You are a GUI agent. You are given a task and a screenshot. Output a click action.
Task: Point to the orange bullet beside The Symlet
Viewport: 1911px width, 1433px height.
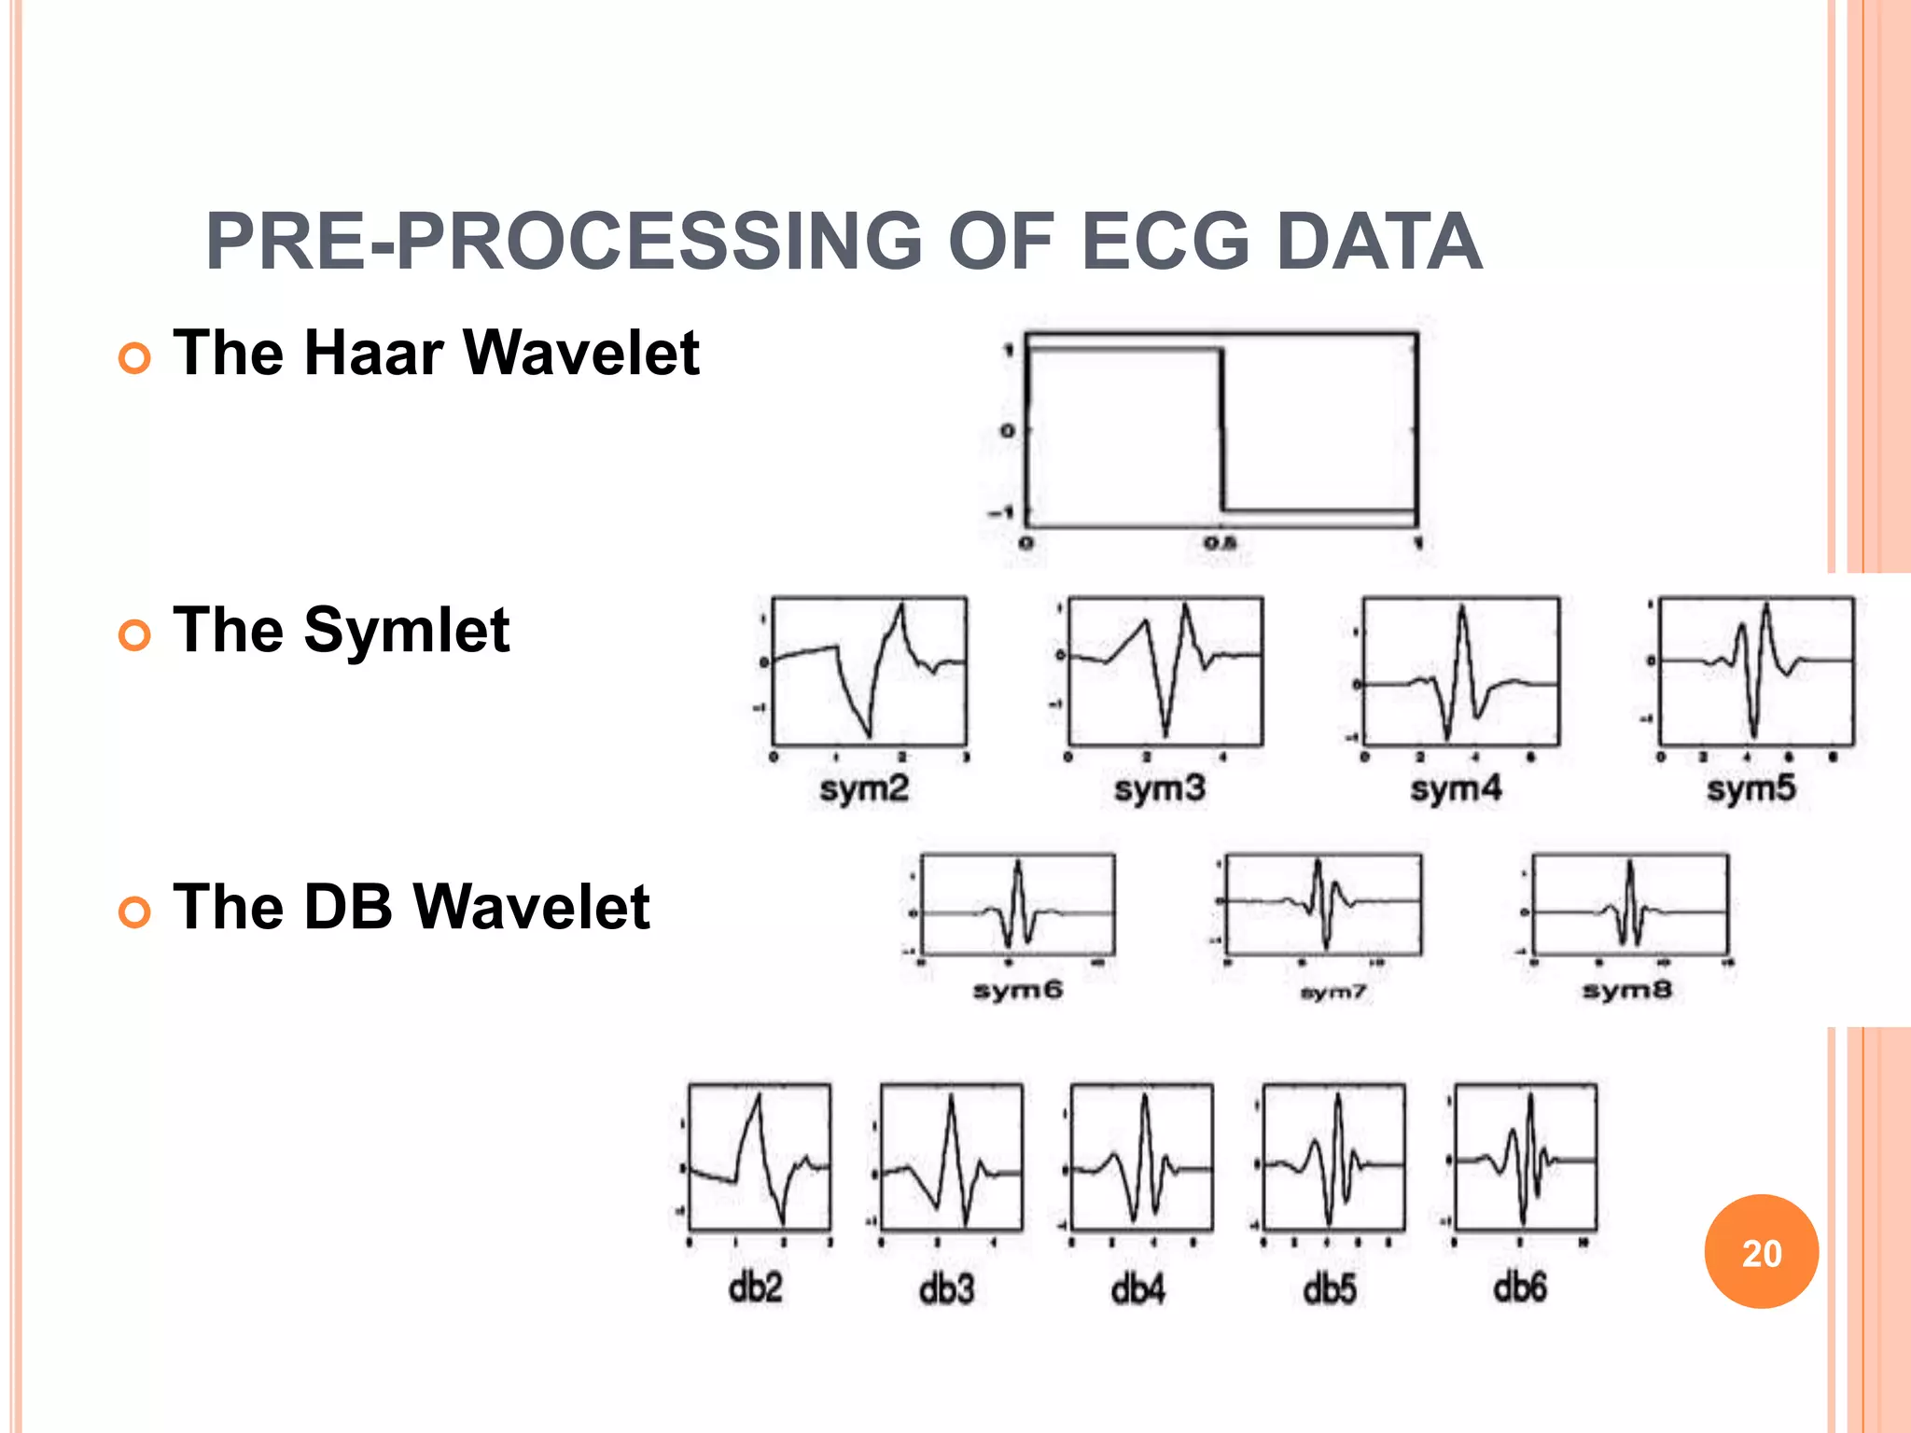[135, 635]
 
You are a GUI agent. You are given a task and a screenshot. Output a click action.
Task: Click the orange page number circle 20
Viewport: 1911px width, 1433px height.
[1761, 1252]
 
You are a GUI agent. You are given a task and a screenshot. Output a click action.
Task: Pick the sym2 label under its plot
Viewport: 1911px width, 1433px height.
[864, 789]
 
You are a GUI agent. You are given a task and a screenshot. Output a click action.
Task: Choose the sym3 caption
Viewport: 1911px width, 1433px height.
[1160, 789]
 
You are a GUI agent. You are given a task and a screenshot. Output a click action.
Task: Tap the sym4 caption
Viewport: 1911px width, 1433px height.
[1456, 789]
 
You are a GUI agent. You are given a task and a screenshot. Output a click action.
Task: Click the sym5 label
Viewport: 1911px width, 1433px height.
[1751, 789]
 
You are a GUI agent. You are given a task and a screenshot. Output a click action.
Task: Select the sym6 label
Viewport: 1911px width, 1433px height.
[1018, 990]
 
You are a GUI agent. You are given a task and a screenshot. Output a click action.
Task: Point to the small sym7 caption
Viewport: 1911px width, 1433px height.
[1332, 993]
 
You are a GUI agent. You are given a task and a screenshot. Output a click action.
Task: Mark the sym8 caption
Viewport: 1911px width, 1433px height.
[1626, 990]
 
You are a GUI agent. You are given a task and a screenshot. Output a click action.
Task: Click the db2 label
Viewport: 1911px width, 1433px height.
[755, 1288]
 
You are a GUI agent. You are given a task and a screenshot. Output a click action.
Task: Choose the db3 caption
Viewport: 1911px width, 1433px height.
[946, 1289]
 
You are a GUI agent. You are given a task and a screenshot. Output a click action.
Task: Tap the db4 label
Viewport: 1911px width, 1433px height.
[1137, 1289]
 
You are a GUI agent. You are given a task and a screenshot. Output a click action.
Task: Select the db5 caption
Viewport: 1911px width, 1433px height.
[1330, 1289]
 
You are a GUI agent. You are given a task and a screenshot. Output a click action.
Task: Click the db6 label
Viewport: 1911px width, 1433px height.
[1520, 1288]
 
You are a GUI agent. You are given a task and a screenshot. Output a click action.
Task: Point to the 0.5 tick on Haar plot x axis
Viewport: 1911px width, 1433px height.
[1220, 542]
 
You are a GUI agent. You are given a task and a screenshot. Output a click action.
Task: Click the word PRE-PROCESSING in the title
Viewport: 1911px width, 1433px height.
[564, 242]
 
